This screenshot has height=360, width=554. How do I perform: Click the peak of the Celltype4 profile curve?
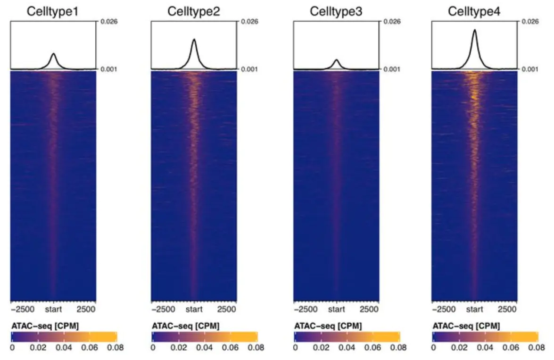[474, 30]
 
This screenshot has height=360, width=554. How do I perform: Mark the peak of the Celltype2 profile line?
[194, 39]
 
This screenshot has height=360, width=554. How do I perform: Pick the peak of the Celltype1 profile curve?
[54, 54]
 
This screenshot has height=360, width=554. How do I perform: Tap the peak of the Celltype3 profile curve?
[336, 60]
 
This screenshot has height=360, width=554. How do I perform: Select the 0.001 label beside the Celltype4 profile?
[531, 69]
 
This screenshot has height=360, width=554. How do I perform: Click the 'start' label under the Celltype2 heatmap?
[194, 310]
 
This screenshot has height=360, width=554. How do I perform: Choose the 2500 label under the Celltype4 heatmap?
[508, 310]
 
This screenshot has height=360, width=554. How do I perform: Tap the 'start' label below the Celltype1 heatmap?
[53, 310]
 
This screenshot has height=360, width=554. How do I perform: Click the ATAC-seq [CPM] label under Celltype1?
[38, 326]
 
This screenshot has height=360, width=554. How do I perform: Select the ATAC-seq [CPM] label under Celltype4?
[460, 326]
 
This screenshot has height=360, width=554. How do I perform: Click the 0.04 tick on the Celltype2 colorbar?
[205, 348]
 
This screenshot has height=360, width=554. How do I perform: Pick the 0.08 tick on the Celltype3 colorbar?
[398, 348]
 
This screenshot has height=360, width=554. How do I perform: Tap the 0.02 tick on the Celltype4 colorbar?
[459, 348]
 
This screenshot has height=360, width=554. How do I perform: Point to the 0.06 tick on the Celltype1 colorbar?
[90, 348]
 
